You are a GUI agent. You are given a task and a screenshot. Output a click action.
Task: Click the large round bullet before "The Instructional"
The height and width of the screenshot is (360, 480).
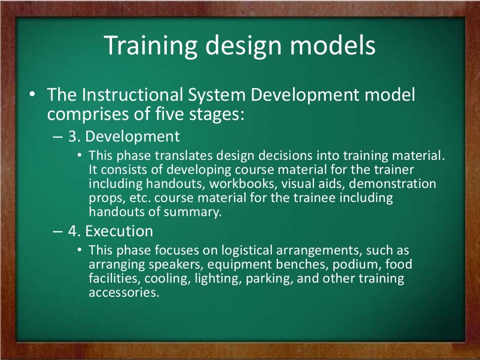point(31,95)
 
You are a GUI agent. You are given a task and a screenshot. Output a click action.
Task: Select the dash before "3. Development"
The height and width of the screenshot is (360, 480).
point(57,136)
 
